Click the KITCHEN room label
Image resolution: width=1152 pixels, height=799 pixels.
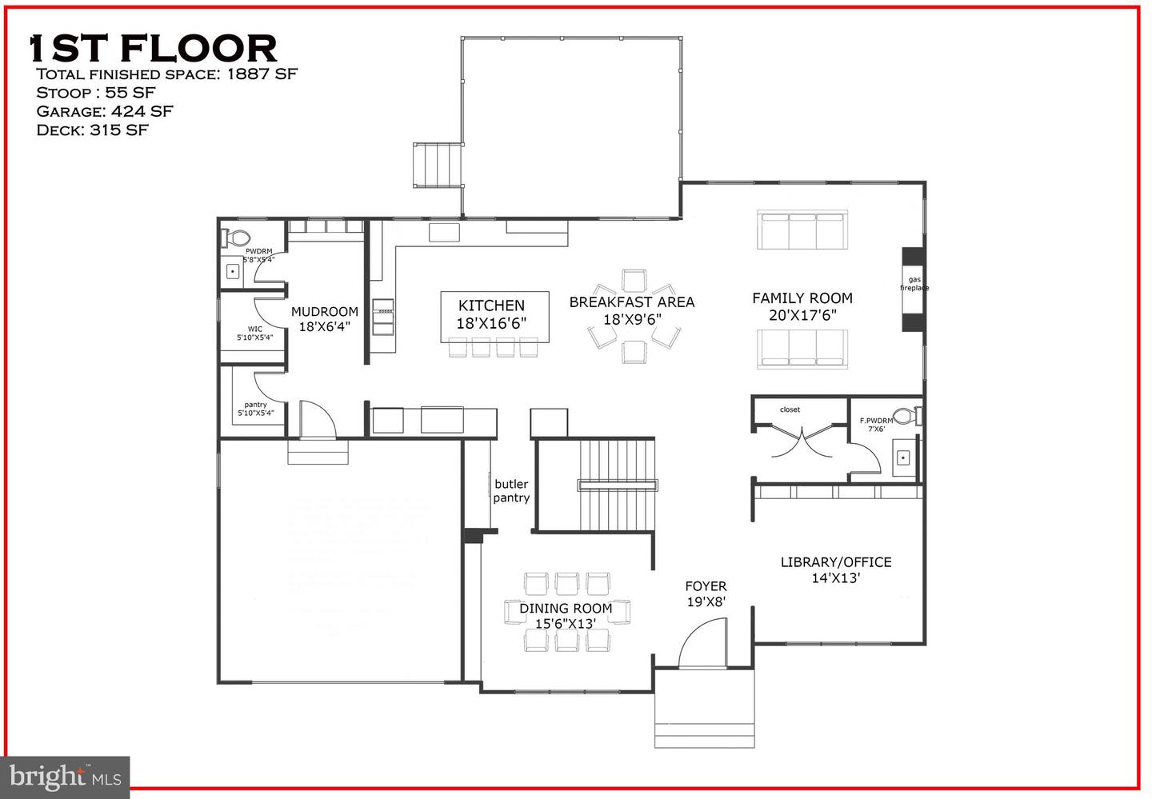pyautogui.click(x=491, y=306)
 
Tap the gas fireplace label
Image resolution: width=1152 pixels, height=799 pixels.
pyautogui.click(x=914, y=284)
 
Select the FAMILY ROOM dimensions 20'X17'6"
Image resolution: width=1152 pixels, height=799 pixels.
pyautogui.click(x=802, y=315)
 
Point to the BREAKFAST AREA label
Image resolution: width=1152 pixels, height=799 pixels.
pyautogui.click(x=631, y=302)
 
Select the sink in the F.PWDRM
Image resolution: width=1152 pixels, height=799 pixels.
pyautogui.click(x=903, y=458)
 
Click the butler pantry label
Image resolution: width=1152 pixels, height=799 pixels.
pyautogui.click(x=511, y=491)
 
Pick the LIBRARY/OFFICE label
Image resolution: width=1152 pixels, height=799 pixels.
pyautogui.click(x=835, y=562)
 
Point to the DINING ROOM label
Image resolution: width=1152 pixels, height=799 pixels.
pyautogui.click(x=566, y=609)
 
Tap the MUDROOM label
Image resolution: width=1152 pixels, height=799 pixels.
pyautogui.click(x=324, y=312)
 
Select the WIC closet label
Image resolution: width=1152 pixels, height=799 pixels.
pyautogui.click(x=254, y=330)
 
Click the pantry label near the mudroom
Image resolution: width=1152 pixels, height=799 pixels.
pyautogui.click(x=255, y=405)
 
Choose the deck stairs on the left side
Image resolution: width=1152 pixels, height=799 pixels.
pyautogui.click(x=438, y=165)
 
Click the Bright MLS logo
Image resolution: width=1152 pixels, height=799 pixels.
pyautogui.click(x=65, y=777)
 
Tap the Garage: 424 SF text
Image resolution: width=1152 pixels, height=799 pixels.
pyautogui.click(x=104, y=112)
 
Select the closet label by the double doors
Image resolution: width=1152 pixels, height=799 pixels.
pyautogui.click(x=790, y=409)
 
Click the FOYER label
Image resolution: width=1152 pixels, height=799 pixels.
pyautogui.click(x=706, y=586)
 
